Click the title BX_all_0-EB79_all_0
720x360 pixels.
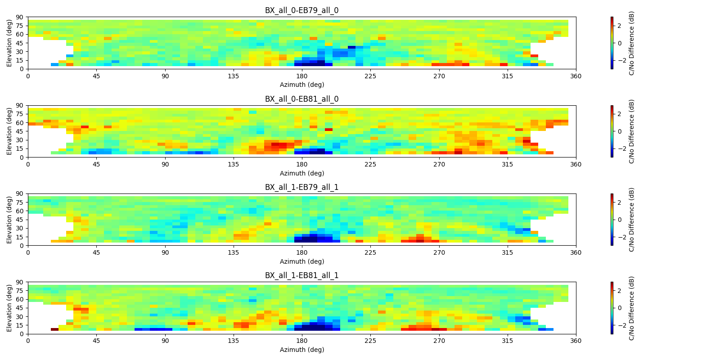click(301, 10)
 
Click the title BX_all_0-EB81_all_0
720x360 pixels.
click(301, 99)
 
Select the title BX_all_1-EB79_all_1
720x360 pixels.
click(301, 187)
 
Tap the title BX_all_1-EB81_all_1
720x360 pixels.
click(301, 275)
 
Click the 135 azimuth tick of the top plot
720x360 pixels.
click(234, 76)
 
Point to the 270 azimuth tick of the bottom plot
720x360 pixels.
click(439, 341)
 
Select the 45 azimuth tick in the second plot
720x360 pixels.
click(96, 164)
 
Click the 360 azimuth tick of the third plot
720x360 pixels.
click(576, 252)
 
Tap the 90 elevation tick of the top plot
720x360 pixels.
click(20, 17)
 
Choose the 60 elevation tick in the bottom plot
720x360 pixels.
click(20, 299)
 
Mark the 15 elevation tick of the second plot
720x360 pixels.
click(20, 149)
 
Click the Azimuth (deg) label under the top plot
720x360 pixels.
click(301, 85)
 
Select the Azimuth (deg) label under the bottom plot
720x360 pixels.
click(301, 350)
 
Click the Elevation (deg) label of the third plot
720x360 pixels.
click(9, 220)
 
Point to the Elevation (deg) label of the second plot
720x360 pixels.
click(9, 131)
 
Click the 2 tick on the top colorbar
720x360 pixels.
click(620, 26)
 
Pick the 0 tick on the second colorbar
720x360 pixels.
click(620, 131)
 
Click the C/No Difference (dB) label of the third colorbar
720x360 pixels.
click(632, 220)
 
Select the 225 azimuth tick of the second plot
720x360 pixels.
click(370, 164)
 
